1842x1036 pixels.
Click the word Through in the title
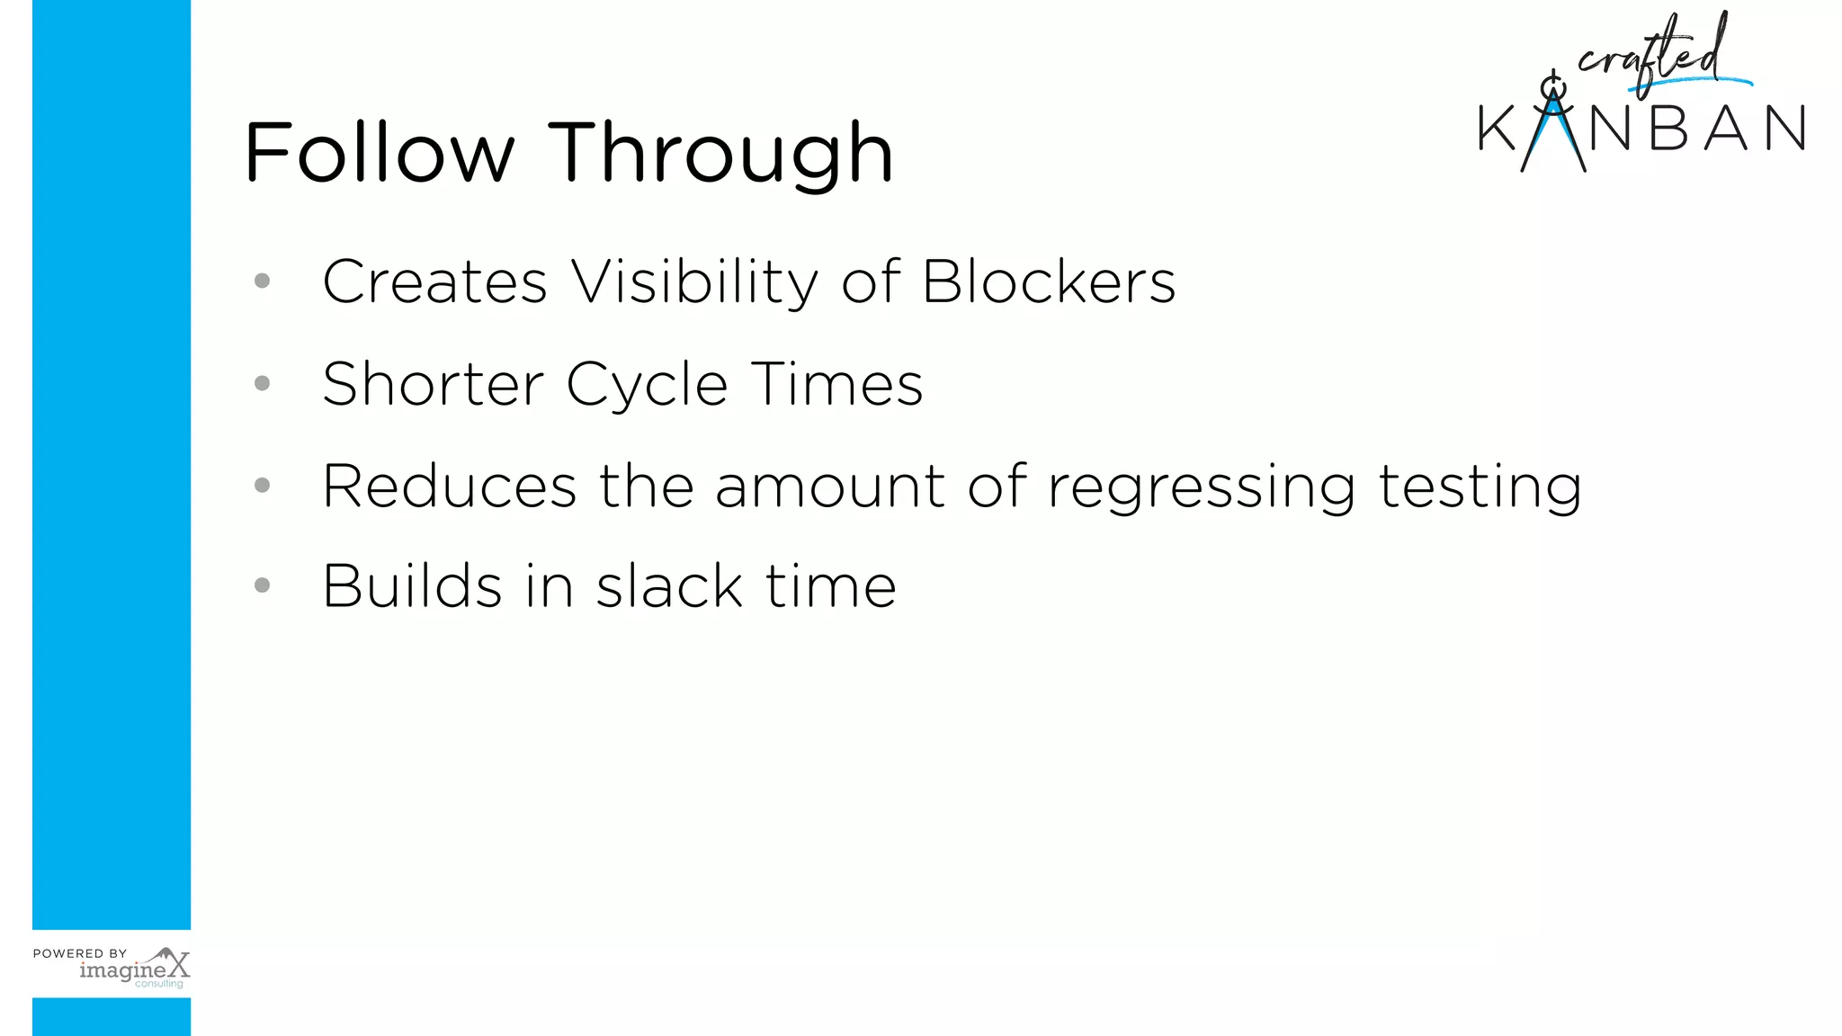(720, 155)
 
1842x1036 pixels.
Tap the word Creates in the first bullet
(434, 282)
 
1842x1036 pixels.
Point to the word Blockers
(1049, 282)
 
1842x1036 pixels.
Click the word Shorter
(433, 385)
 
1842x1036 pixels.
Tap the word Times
(837, 385)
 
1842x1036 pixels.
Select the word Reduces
(449, 487)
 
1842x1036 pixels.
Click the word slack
(669, 586)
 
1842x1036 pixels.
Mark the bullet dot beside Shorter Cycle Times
(263, 384)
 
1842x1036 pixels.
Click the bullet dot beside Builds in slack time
(263, 585)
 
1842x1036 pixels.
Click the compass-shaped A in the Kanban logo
(1553, 126)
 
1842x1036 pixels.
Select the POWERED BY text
(80, 953)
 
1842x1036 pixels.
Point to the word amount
(829, 487)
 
